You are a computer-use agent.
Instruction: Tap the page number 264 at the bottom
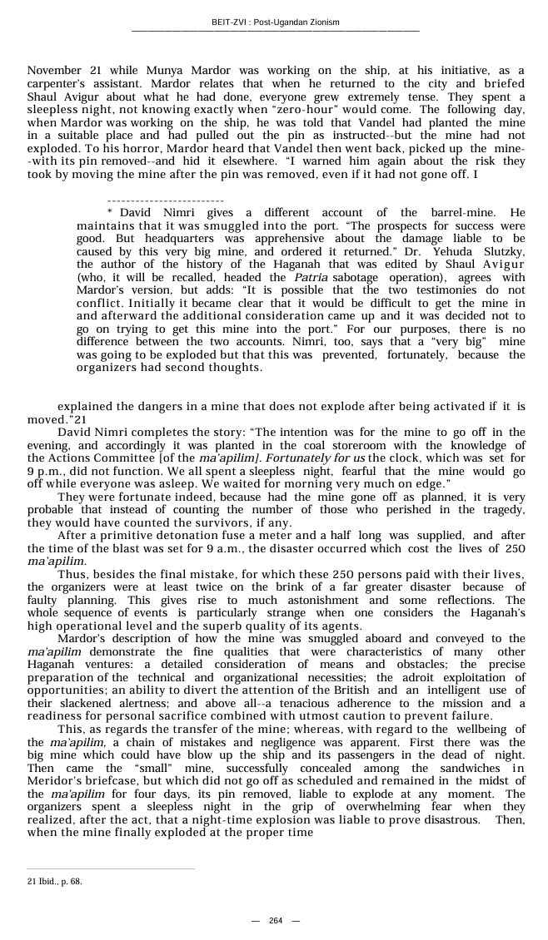[x=276, y=920]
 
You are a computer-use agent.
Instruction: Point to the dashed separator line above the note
[x=165, y=201]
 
